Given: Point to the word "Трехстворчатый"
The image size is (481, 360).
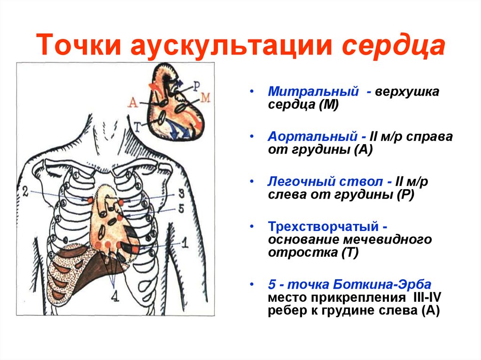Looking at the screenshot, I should [324, 226].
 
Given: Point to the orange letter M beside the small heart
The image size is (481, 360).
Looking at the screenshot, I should [205, 98].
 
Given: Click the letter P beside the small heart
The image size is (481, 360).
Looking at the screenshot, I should [196, 84].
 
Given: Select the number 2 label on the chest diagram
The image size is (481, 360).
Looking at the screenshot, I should [25, 191].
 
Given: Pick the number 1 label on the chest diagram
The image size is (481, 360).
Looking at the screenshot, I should [184, 243].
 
